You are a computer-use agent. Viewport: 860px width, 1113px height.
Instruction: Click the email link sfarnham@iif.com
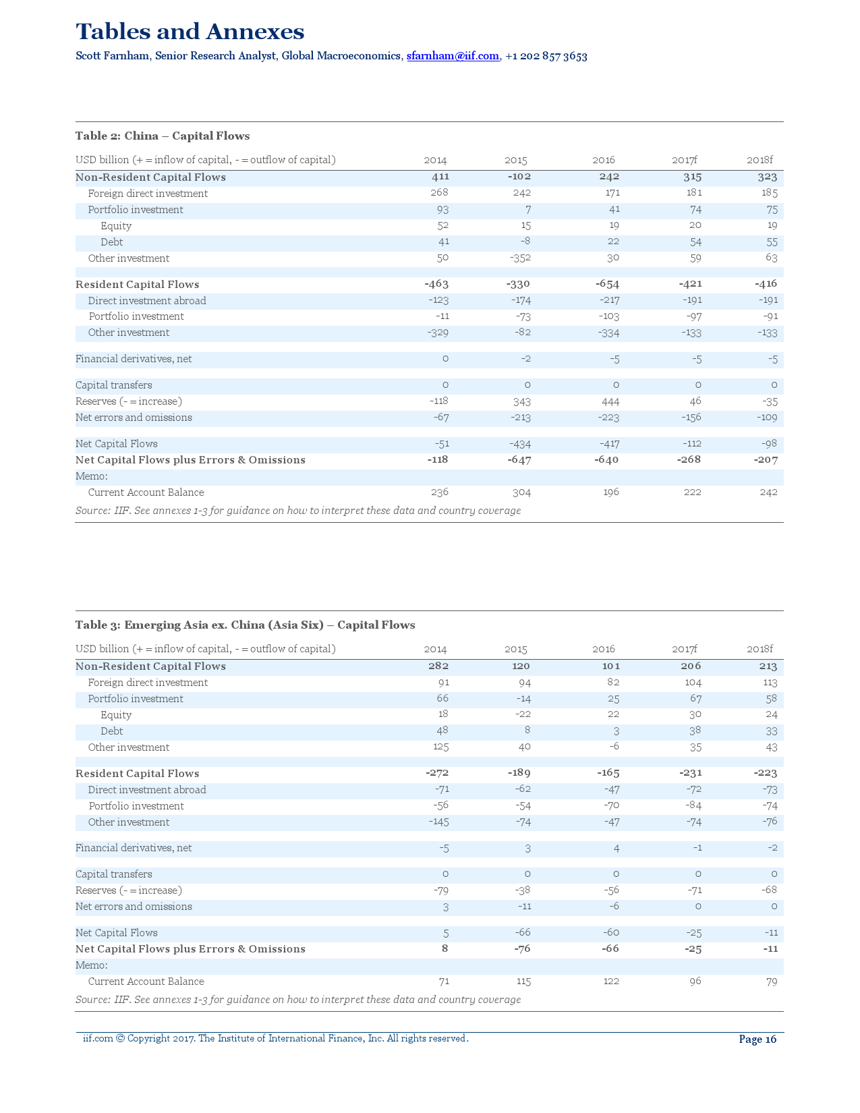[453, 56]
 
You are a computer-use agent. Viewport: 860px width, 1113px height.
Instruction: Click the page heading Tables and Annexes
[190, 32]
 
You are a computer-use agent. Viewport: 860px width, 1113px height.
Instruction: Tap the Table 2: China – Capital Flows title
[163, 136]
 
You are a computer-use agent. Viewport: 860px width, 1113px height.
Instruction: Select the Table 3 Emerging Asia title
[245, 625]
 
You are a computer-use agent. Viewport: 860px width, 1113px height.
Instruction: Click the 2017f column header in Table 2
[684, 160]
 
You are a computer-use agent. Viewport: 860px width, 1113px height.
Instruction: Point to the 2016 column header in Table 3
[603, 649]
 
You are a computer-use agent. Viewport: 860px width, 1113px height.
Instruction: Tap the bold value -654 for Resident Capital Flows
[607, 284]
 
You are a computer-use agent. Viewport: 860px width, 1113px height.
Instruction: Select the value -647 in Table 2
[519, 459]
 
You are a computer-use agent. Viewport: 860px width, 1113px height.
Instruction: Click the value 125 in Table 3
[440, 747]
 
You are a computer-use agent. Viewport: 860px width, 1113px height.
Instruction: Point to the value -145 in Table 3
[438, 822]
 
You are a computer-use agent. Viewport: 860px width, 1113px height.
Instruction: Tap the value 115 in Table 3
[523, 981]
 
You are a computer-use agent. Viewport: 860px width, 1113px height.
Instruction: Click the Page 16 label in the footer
[757, 1039]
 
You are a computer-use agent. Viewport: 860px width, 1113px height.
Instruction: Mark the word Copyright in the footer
[148, 1038]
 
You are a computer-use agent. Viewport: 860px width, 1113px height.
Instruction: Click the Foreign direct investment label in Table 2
[148, 194]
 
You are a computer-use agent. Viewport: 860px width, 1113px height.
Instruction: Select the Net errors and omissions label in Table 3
[134, 907]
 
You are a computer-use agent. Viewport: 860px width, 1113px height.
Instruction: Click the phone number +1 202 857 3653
[546, 56]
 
